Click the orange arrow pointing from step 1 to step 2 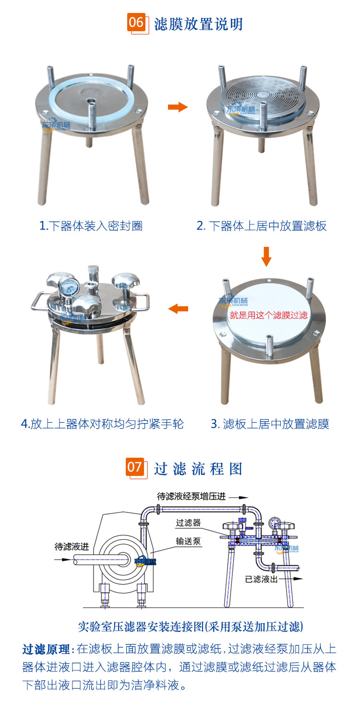click(x=178, y=107)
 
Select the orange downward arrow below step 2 click(x=266, y=256)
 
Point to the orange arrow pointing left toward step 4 click(x=178, y=309)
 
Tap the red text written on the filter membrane click(x=268, y=316)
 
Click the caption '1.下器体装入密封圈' click(x=91, y=226)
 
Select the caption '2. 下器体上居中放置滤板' click(x=262, y=226)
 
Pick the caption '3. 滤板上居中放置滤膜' click(x=270, y=424)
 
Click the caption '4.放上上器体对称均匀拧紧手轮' click(x=102, y=424)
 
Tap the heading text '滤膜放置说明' click(x=198, y=24)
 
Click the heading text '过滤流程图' click(x=198, y=469)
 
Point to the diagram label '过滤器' click(x=188, y=523)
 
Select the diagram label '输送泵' click(x=188, y=541)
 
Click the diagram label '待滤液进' click(x=72, y=547)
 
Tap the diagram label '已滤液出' click(x=261, y=579)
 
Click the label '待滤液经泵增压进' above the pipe click(x=192, y=496)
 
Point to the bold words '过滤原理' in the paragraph click(x=46, y=649)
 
